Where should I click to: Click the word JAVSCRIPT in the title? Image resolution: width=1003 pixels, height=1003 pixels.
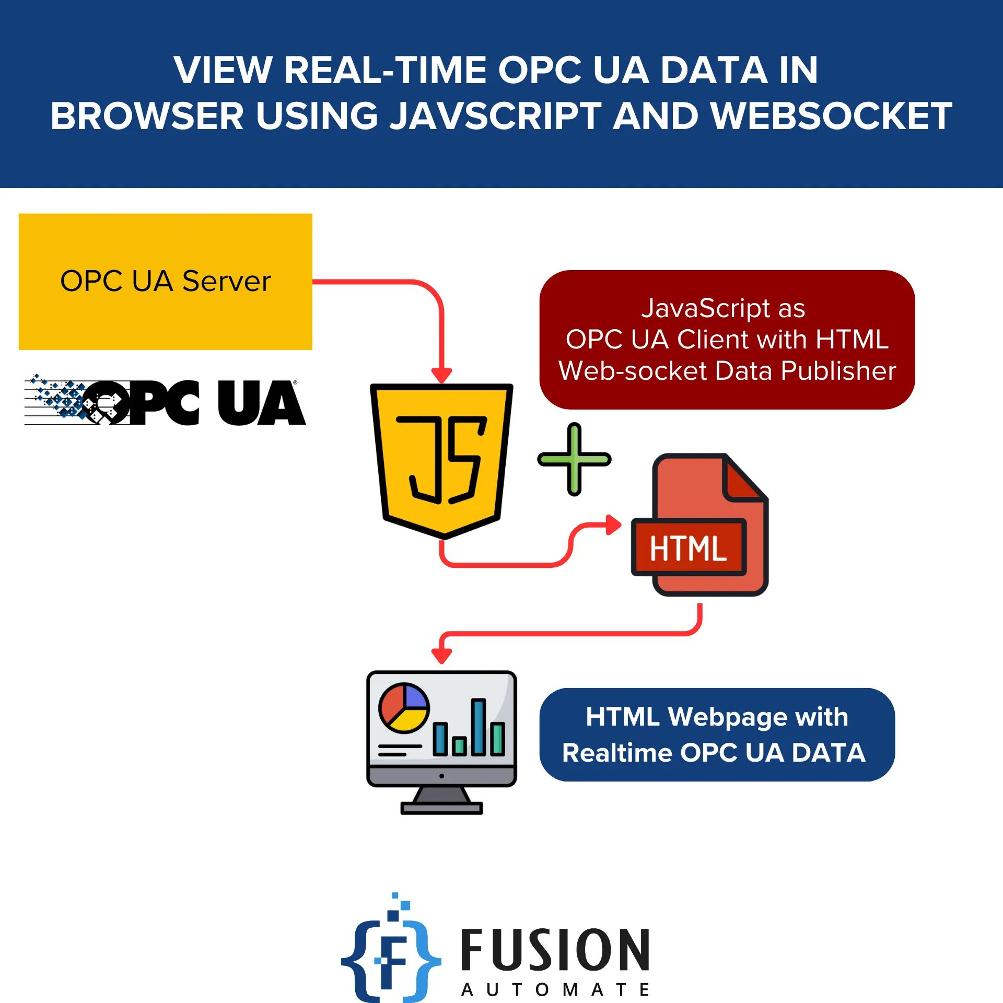496,116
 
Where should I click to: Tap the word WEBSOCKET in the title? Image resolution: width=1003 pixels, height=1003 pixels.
831,116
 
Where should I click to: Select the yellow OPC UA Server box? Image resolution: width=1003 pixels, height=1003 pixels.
165,282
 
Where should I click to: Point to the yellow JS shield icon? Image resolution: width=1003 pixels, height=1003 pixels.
441,460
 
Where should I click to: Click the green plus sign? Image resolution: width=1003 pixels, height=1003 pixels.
574,459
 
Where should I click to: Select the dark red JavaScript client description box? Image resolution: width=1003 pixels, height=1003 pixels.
727,340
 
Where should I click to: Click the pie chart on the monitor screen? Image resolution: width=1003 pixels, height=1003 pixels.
403,708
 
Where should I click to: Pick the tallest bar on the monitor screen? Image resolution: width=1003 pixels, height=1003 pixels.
478,727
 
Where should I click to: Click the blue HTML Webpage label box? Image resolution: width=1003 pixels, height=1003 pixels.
717,734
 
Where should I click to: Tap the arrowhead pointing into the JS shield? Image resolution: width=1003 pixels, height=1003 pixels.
441,375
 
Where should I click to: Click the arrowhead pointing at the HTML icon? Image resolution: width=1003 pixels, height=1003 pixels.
613,524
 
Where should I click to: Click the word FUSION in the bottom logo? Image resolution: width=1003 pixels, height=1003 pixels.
555,950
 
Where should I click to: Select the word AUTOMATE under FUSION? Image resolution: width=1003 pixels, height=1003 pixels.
555,989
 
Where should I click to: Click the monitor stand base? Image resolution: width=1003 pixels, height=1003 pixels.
441,808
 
